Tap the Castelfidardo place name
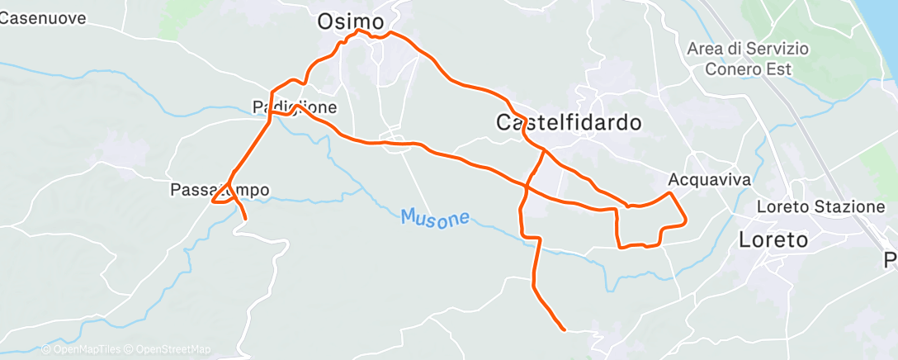(x=569, y=123)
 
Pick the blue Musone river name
(x=435, y=218)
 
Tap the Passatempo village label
(x=219, y=190)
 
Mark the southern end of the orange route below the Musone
(x=564, y=329)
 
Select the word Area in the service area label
(x=705, y=50)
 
